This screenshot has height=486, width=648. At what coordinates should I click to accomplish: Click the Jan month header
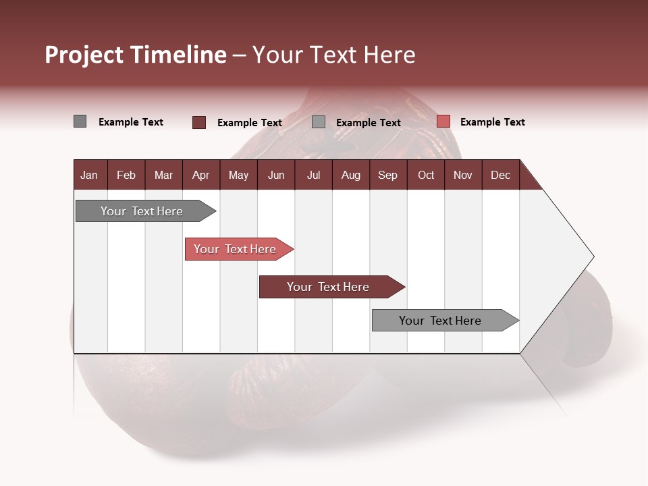[x=89, y=175]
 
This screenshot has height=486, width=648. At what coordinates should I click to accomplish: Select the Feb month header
[x=126, y=175]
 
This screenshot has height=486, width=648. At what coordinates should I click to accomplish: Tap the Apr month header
[x=200, y=175]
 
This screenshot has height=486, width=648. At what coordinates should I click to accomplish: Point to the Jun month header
[x=276, y=175]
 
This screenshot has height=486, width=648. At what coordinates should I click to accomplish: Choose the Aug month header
[x=350, y=175]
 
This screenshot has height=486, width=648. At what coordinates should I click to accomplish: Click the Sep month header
[x=387, y=175]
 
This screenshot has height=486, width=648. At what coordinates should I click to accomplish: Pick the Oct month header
[x=426, y=175]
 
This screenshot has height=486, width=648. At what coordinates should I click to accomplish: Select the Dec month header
[x=500, y=175]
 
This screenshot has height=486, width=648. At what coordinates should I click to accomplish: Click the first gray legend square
[x=80, y=122]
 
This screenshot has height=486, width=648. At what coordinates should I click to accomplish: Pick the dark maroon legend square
[x=199, y=122]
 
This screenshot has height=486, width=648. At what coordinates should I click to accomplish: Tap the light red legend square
[x=443, y=122]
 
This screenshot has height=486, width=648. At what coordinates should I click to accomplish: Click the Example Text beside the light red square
[x=492, y=122]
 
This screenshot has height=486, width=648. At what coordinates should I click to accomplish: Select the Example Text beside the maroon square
[x=249, y=123]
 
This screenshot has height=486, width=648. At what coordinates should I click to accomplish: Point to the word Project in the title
[x=84, y=55]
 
